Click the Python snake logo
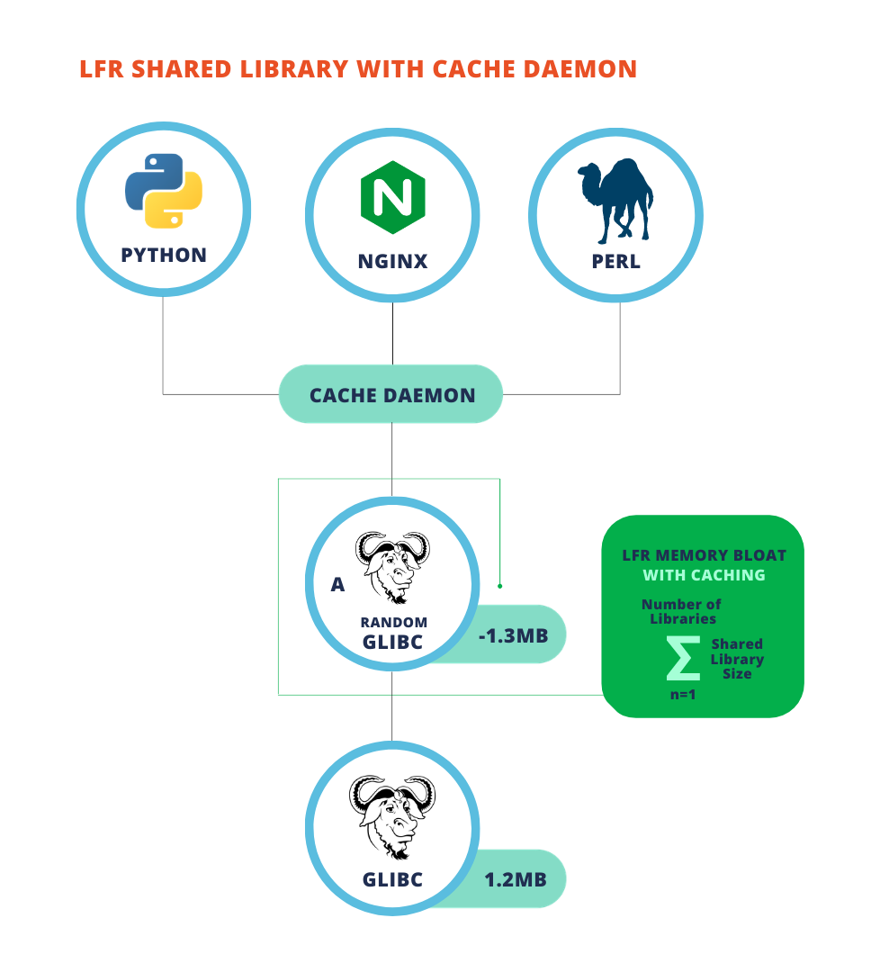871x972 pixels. [164, 191]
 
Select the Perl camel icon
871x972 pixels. [615, 202]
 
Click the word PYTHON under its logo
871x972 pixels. [164, 255]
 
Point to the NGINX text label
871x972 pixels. [392, 262]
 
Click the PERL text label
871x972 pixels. [616, 262]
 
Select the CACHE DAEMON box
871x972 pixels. [391, 395]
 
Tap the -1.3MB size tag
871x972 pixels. [514, 635]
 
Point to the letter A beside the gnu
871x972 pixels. [337, 585]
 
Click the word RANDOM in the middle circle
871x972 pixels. [394, 623]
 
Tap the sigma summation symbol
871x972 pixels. [682, 660]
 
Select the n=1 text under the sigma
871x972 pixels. [682, 695]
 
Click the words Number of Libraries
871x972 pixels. [681, 611]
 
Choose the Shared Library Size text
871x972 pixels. [737, 659]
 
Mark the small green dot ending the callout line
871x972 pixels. [499, 586]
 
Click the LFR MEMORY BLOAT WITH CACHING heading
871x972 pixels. [704, 565]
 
